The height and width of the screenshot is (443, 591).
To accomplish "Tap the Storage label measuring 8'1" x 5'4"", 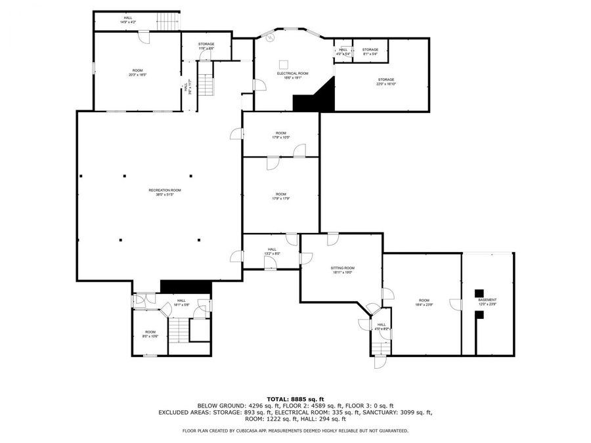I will coord(370,51).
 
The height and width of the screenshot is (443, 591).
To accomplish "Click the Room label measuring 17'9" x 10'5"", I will coord(281,135).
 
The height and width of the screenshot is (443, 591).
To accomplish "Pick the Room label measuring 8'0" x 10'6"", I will coord(150,334).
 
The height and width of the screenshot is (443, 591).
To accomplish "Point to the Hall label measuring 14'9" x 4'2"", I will coord(127,20).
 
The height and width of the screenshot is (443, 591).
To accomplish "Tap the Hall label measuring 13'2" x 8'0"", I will coord(272,251).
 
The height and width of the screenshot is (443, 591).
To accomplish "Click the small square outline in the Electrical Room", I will coord(284,64).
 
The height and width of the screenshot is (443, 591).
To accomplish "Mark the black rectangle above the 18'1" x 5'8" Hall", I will coord(185,286).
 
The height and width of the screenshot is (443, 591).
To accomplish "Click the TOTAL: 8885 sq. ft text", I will coord(295,398).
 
